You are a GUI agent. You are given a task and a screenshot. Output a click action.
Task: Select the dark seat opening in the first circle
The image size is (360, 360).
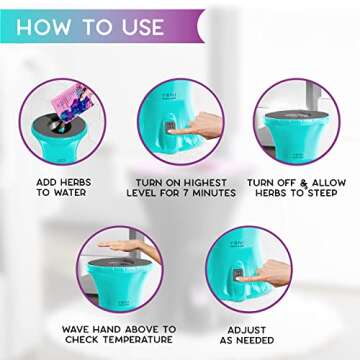[x=55, y=118]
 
